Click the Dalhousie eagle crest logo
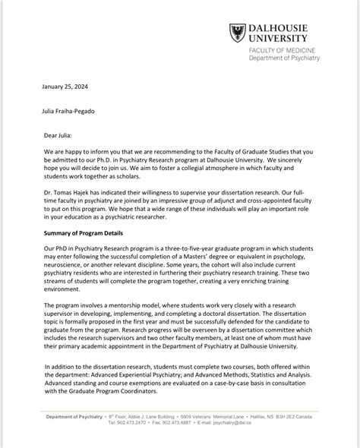coord(237,33)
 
